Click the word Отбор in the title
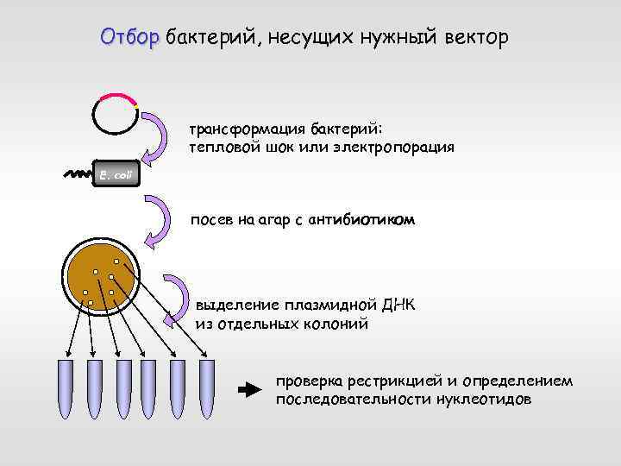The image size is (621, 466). pos(130,38)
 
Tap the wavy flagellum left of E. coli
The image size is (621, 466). pos(78,174)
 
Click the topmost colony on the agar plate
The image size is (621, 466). pos(115,261)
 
